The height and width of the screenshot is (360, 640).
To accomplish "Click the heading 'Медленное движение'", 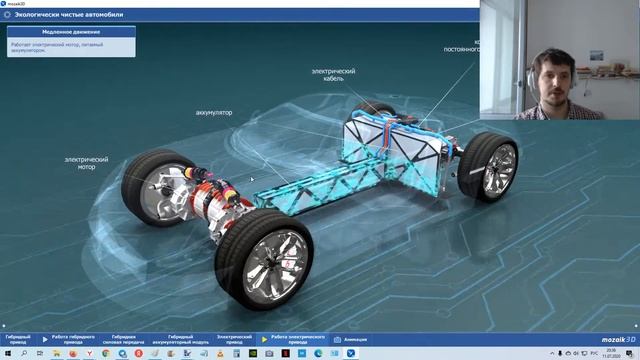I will coord(70,32).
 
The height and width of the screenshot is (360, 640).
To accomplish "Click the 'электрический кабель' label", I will coord(333,75).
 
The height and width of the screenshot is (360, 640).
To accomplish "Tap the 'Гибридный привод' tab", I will coord(18,339).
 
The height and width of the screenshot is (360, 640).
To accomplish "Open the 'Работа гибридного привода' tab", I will coord(74,339).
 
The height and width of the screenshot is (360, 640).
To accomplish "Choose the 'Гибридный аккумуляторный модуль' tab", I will coord(187,339).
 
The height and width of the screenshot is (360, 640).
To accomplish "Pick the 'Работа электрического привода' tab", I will coord(300,339).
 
